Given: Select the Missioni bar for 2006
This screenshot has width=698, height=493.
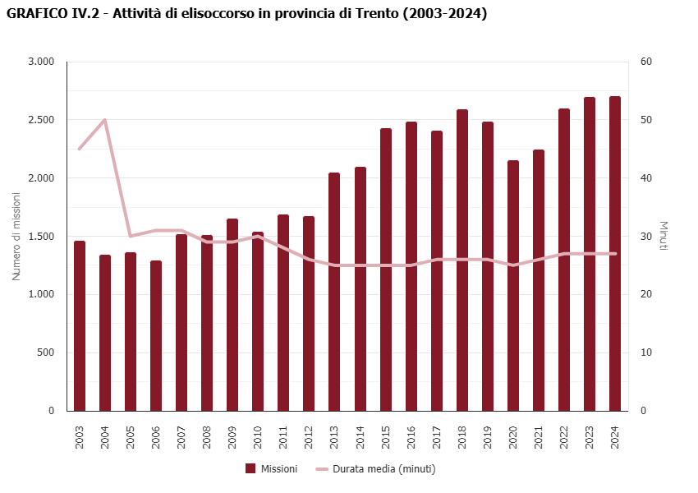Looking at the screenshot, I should coord(156,337).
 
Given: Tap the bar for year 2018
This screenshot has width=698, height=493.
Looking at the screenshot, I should coord(462,260).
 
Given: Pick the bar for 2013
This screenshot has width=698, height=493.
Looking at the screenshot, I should coord(334,292).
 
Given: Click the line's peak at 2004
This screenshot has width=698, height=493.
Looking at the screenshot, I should coord(104,120).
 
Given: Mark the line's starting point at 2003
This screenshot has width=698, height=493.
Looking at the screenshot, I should coord(80,149).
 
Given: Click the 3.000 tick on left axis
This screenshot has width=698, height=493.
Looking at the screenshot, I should coord(40,62).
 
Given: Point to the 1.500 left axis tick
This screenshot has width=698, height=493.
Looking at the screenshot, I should coord(40,237).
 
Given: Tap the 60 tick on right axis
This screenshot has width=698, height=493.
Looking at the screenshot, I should coord(646,62).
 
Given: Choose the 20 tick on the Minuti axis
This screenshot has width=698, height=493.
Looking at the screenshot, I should coord(646,294).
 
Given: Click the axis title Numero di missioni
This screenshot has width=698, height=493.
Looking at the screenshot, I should coord(16,237).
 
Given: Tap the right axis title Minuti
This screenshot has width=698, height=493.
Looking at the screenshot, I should coord(664,237).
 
